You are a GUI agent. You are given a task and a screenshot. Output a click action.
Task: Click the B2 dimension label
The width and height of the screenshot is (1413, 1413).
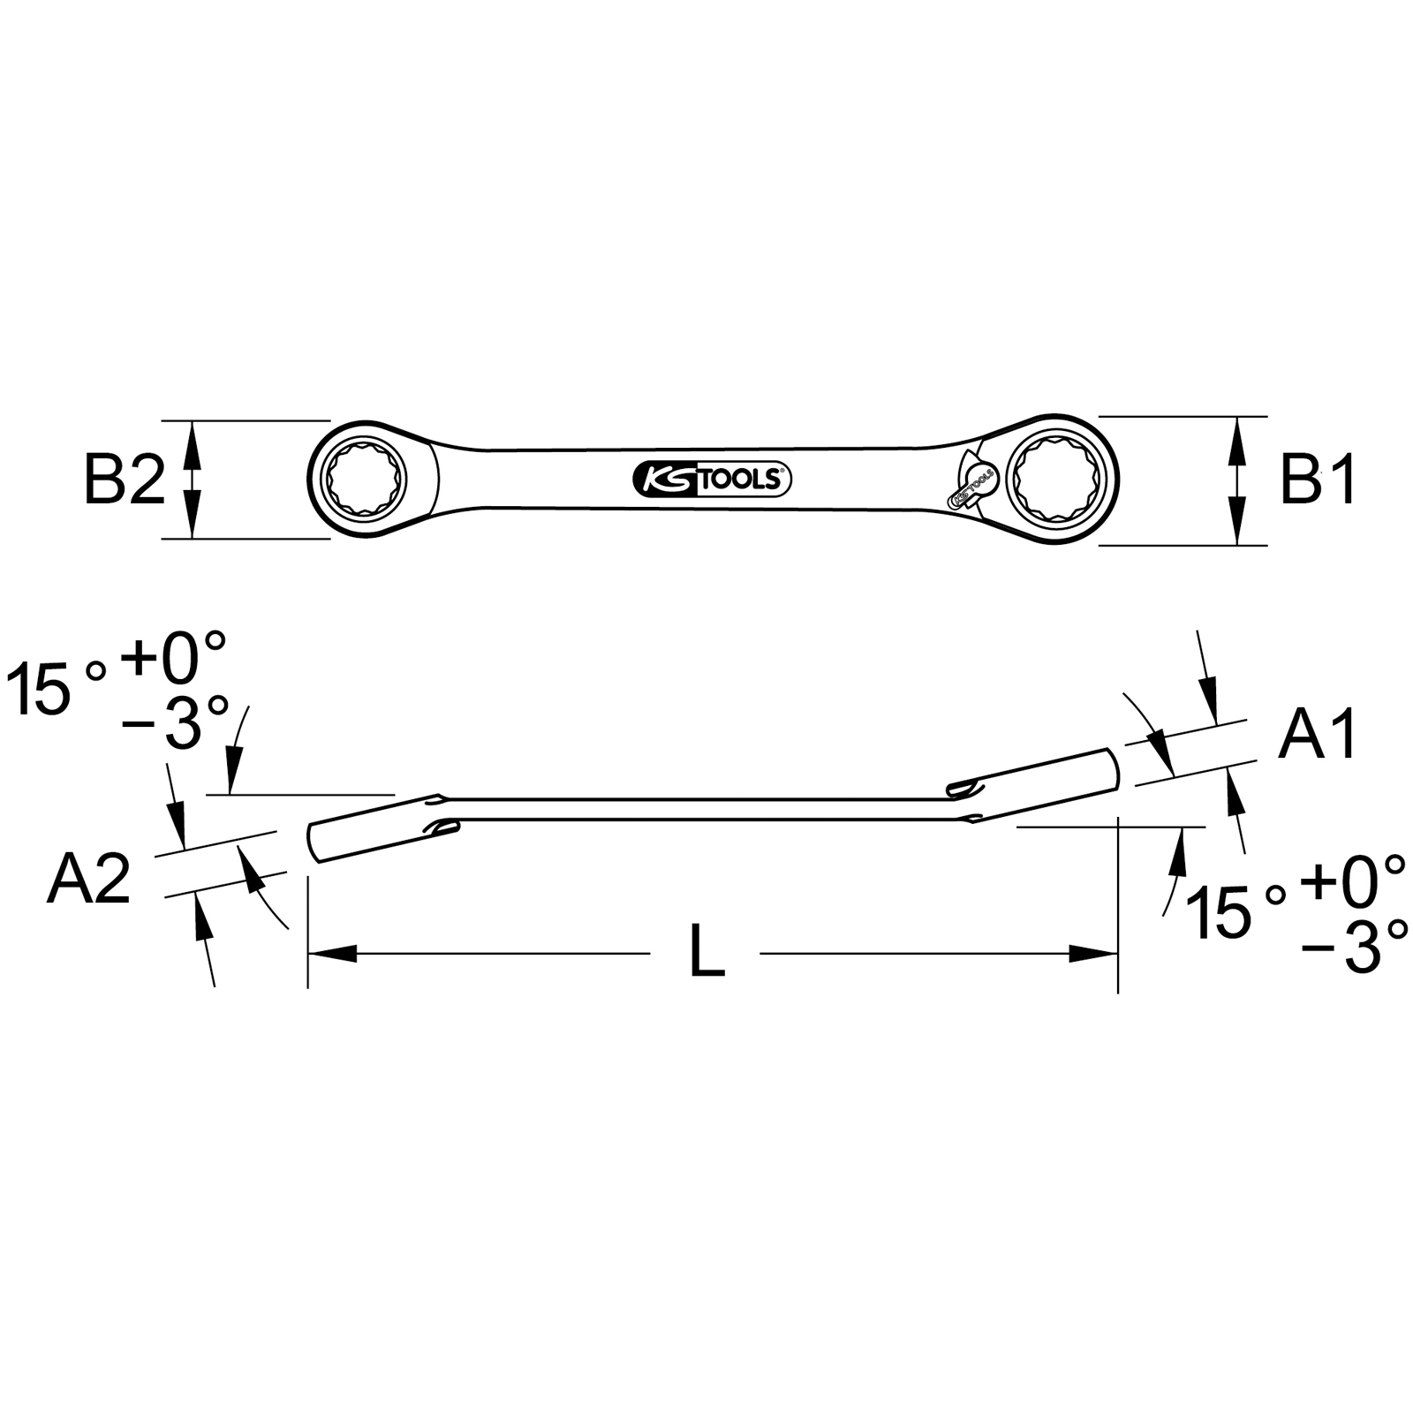[x=125, y=479]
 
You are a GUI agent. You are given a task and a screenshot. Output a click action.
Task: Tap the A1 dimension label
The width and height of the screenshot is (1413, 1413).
[x=1318, y=734]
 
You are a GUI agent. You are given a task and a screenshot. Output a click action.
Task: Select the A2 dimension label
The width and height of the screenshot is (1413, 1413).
[x=88, y=879]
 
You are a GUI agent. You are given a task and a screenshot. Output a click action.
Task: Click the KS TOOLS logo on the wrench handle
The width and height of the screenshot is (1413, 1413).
[x=712, y=479]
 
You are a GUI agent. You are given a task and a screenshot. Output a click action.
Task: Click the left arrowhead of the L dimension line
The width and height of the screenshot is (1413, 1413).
[x=332, y=954]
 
